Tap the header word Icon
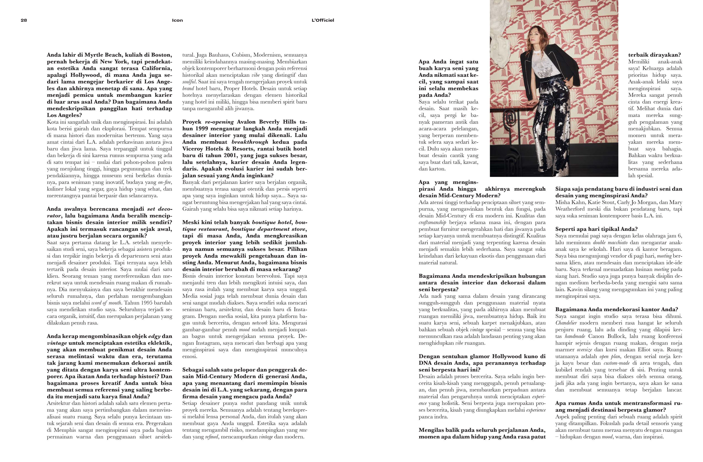(177, 20)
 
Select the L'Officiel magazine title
(323, 20)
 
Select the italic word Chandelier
(566, 323)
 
